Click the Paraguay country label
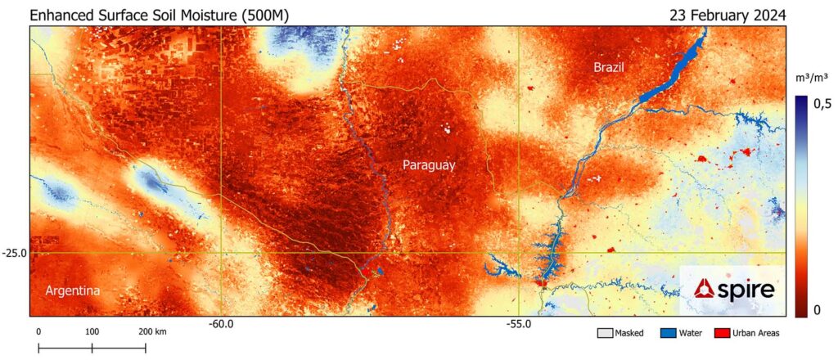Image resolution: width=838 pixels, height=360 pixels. [x=429, y=165]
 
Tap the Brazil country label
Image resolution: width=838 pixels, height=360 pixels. [x=609, y=68]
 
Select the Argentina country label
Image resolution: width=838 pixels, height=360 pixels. [x=73, y=291]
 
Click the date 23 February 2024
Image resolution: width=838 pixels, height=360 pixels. [x=728, y=15]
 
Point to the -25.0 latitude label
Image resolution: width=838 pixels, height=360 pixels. [x=15, y=254]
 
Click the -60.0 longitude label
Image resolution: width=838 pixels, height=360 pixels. [x=221, y=325]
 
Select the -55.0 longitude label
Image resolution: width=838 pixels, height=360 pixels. [x=519, y=325]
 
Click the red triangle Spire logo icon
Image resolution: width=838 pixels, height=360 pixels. [x=703, y=289]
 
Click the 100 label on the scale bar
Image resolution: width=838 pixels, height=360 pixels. [x=92, y=331]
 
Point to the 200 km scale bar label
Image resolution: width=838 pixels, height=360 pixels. [x=153, y=331]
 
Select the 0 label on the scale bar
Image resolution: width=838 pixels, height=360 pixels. [x=38, y=331]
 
